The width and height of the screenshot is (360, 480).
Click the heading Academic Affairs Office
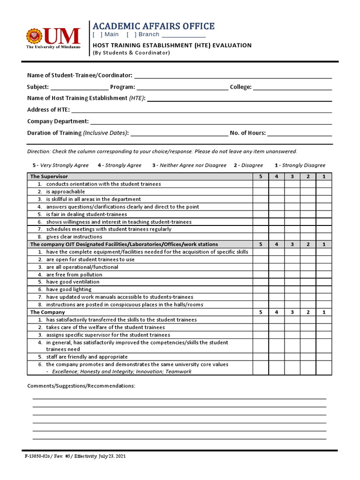153,26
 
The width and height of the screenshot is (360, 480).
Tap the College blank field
292,87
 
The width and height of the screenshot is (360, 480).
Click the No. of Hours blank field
300,133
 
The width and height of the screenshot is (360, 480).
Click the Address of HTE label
48,110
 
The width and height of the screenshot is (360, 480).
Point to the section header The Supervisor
49,176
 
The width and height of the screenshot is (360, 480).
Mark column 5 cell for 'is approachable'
261,192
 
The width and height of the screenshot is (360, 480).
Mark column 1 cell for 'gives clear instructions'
323,237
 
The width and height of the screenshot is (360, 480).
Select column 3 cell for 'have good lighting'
292,290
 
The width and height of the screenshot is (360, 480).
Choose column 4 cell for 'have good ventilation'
277,282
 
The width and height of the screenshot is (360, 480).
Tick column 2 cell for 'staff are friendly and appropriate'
308,357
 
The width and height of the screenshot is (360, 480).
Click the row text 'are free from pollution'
74,275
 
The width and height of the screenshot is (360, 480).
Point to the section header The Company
47,312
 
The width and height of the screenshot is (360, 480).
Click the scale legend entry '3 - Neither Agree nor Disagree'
189,165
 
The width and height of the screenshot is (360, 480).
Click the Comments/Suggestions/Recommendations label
81,386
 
